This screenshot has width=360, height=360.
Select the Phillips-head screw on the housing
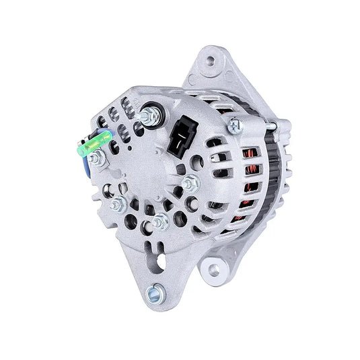click(235, 124)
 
